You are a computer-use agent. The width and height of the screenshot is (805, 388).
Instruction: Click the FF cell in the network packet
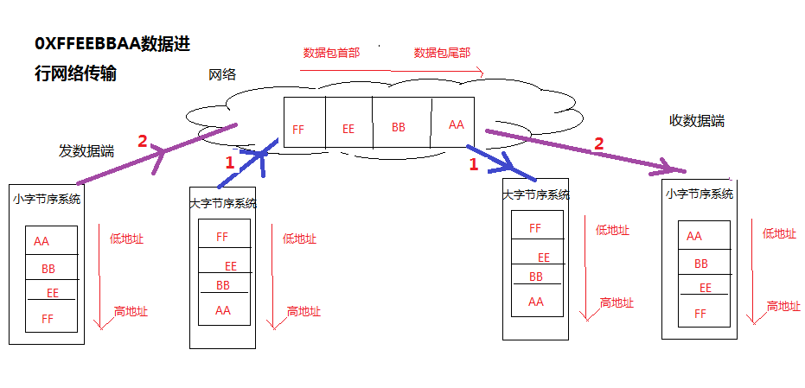tap(298, 130)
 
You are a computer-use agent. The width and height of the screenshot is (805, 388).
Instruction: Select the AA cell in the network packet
tap(457, 124)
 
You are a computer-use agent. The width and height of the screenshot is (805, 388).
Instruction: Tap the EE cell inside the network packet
tap(348, 129)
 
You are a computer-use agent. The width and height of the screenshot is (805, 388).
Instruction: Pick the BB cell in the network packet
tap(399, 127)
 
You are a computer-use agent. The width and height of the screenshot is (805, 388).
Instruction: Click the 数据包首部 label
tap(331, 53)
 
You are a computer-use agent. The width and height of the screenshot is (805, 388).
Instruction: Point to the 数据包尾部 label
tap(442, 53)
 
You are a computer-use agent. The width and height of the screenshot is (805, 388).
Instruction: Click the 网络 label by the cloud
tap(222, 75)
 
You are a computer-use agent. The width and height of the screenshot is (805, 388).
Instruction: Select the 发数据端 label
tap(86, 150)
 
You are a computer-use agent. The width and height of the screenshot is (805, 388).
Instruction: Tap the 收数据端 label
tap(697, 121)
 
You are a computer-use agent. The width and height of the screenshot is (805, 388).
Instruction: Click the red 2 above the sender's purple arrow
tap(144, 141)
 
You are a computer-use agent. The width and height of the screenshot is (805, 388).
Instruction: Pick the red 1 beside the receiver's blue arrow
tap(473, 163)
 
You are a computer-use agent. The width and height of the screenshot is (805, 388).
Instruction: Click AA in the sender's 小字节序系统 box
tap(42, 242)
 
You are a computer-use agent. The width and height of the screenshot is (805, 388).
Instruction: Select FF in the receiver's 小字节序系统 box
tap(700, 314)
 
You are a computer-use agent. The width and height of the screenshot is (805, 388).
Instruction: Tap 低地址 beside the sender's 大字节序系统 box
tap(299, 239)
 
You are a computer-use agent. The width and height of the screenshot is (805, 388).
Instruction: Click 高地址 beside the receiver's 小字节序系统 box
tap(783, 306)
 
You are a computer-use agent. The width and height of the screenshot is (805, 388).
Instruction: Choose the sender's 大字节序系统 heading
tap(223, 204)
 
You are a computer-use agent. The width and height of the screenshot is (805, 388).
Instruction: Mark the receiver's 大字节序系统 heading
tap(536, 195)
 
